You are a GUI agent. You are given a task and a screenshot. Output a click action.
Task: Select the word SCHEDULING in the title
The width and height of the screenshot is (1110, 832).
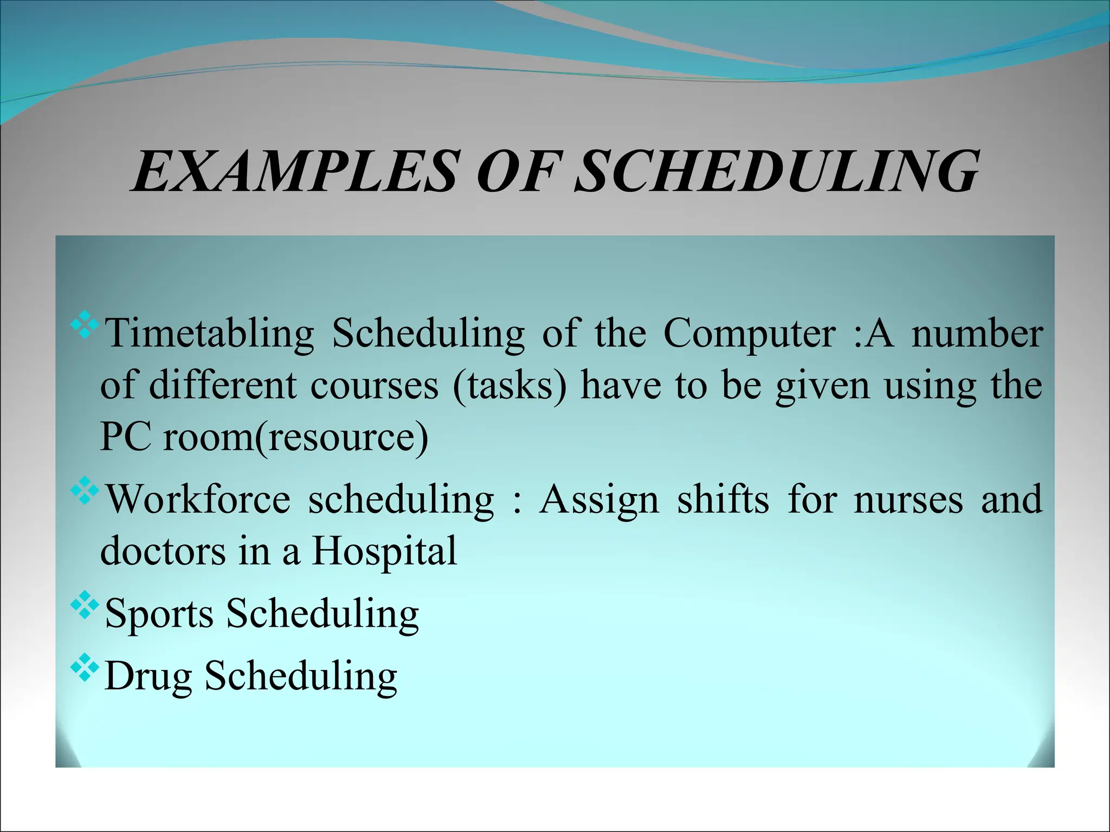776,172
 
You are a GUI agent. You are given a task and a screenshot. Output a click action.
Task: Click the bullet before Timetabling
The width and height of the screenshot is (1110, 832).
85,325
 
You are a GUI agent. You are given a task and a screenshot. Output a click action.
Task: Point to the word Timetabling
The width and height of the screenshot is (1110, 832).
209,333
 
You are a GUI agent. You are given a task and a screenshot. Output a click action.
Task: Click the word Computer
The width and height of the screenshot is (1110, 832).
749,333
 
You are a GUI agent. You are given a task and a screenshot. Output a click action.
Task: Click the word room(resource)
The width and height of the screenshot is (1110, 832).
295,438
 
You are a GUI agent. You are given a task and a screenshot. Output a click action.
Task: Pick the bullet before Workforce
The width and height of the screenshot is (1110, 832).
85,491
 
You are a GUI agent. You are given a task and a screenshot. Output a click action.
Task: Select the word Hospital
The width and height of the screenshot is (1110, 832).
384,551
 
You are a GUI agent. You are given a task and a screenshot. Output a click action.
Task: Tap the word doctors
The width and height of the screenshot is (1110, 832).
163,551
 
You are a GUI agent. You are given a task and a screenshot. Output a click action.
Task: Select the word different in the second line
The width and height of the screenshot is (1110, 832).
223,386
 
